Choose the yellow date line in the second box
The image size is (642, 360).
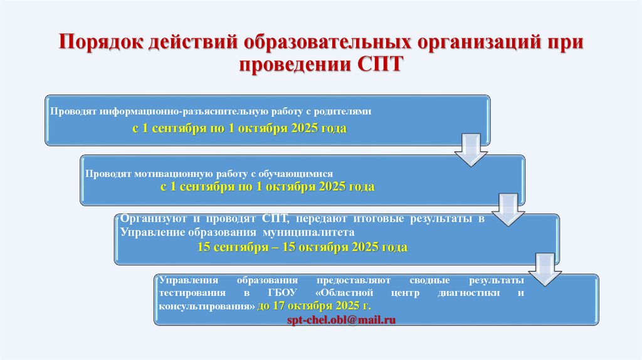[x=268, y=187]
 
